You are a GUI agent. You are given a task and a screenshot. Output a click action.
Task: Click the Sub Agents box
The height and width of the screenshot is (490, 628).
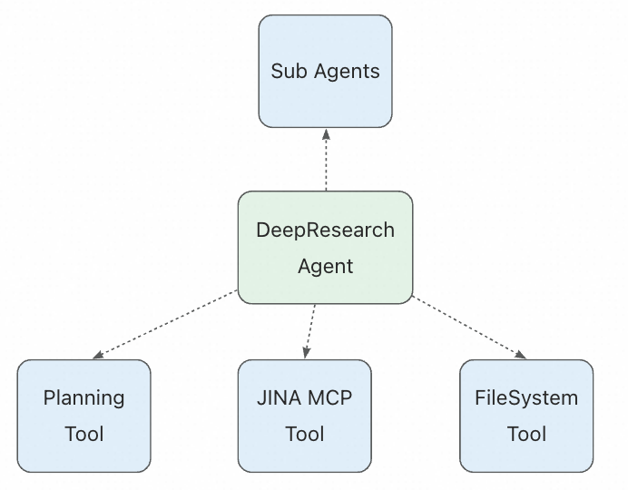point(325,70)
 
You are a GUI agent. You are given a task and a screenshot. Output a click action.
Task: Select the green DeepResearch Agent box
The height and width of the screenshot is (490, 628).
point(325,247)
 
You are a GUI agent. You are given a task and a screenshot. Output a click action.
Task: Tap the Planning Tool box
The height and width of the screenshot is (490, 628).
point(84,416)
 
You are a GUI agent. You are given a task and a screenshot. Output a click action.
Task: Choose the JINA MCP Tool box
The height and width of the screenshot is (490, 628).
point(304,416)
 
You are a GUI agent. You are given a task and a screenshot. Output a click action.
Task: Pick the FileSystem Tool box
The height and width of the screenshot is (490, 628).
point(526,416)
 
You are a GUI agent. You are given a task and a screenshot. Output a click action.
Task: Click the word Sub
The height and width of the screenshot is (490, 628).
point(289,71)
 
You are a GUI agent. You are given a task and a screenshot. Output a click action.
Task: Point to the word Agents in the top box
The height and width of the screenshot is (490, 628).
point(347,71)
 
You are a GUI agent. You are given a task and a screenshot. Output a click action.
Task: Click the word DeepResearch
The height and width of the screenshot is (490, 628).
point(325,230)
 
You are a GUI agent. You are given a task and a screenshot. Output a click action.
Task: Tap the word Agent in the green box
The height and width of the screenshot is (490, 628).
point(325,267)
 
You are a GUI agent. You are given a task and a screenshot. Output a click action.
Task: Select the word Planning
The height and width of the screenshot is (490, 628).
point(84,398)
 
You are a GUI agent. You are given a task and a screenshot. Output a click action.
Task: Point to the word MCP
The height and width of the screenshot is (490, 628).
point(329,398)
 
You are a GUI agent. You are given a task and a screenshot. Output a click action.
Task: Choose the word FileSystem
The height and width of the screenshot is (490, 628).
point(526,398)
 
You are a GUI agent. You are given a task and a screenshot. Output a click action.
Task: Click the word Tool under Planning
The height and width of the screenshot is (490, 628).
point(84,434)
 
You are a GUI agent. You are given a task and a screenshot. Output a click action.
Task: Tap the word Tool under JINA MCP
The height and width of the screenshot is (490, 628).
point(304,434)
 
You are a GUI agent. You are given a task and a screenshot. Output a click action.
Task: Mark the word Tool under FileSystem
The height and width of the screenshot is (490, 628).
point(526,434)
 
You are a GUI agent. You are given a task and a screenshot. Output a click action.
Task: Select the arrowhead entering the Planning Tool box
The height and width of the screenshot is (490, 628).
point(97,356)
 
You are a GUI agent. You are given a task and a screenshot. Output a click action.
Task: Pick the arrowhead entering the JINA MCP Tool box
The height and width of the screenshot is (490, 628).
point(307,353)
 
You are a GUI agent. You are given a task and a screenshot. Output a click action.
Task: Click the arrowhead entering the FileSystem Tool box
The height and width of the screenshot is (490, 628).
point(522,355)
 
